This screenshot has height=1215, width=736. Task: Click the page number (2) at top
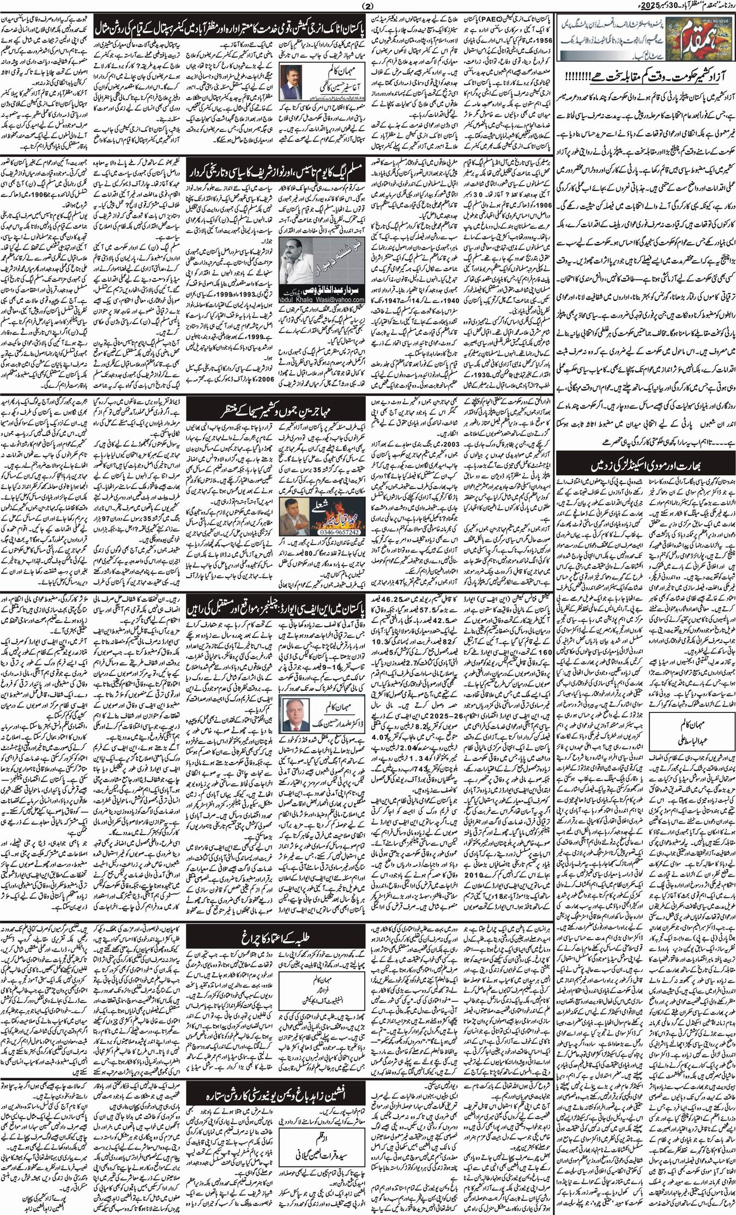point(368,6)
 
